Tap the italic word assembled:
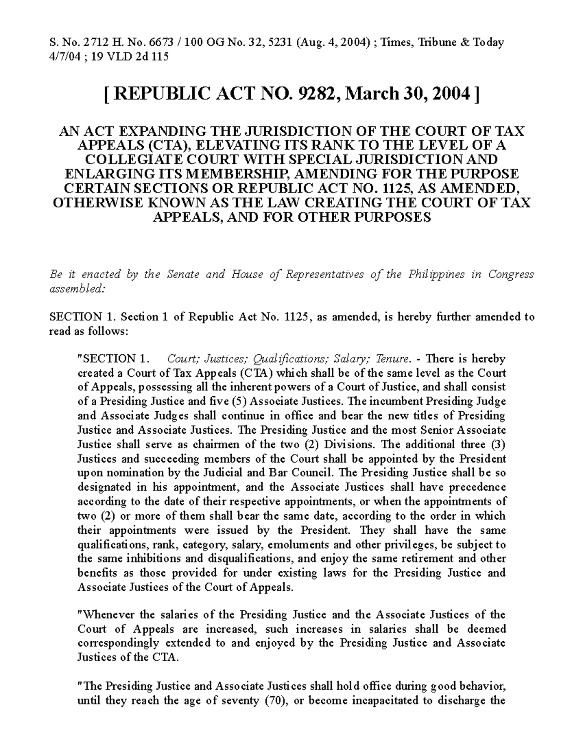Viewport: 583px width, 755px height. click(x=77, y=289)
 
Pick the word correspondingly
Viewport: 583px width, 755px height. click(x=119, y=643)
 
